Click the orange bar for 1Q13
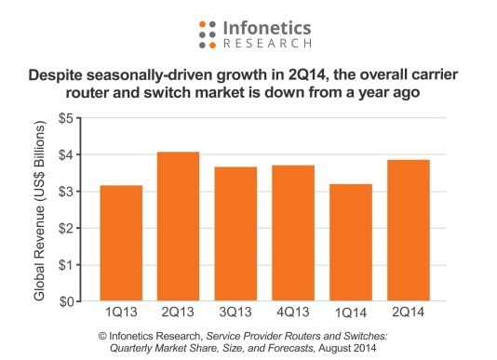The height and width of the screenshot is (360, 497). [x=122, y=244]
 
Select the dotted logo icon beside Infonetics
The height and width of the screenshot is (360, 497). [x=208, y=33]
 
